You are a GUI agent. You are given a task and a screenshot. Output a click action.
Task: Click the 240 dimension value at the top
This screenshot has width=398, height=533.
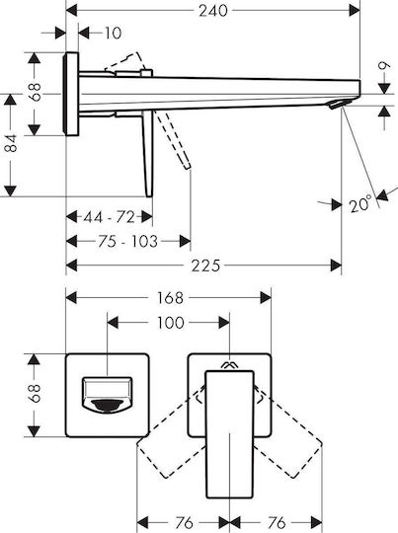[x=213, y=11]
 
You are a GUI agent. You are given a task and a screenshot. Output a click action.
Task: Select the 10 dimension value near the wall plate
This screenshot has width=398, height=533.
[x=113, y=34]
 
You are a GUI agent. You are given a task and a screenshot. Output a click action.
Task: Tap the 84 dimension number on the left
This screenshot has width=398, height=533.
[x=11, y=143]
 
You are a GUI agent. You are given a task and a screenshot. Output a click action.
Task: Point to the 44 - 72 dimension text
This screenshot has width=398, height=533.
[x=110, y=217]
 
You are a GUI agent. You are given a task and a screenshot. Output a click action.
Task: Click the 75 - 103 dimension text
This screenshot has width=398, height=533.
[x=128, y=242]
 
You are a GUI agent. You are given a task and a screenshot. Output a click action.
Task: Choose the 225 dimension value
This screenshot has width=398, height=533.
[x=205, y=266]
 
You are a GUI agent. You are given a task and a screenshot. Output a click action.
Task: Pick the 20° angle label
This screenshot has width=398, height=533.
[x=359, y=204]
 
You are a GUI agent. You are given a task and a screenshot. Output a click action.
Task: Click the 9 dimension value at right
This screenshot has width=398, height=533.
[x=384, y=65]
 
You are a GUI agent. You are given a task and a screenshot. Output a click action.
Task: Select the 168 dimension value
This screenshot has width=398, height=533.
[x=170, y=298]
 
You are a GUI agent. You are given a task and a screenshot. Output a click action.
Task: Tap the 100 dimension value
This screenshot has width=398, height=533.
[x=171, y=323]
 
